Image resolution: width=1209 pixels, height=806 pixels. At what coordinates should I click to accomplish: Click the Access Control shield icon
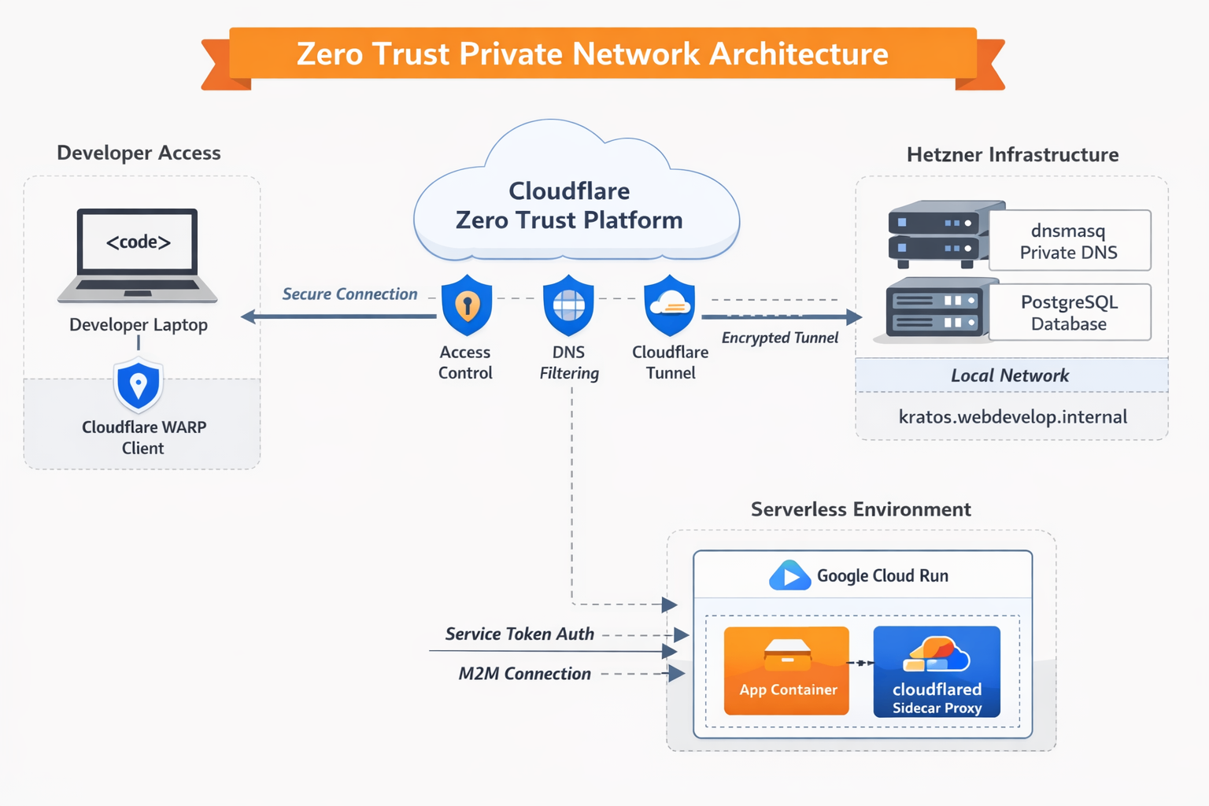pos(467,305)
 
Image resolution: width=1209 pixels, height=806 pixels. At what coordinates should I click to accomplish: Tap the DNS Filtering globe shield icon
pos(568,305)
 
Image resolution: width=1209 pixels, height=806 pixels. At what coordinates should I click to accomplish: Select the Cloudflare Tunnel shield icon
pos(670,305)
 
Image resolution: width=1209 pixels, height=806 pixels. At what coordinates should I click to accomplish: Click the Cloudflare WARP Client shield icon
pos(139,385)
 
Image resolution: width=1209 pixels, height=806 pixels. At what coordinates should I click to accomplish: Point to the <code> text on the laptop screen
pos(139,242)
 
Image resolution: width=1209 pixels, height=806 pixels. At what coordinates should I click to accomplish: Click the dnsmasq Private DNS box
pos(1069,241)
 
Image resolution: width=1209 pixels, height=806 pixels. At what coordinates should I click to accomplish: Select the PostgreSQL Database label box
pos(1069,312)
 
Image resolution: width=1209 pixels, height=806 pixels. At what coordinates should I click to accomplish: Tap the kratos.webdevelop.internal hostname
pos(1013,416)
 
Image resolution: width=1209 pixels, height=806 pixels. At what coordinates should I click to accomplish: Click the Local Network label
pos(1010,375)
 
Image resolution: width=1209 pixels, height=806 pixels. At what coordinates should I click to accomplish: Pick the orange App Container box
pos(786,671)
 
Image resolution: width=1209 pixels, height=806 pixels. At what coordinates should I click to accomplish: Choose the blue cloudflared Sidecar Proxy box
pos(937,671)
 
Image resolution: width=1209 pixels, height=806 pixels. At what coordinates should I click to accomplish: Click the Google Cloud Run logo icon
pos(789,575)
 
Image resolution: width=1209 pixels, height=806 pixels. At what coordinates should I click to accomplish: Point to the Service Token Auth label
pos(519,634)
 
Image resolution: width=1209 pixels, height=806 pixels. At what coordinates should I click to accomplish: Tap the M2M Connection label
pos(525,674)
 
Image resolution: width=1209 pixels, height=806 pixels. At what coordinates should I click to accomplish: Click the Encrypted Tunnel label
pos(779,338)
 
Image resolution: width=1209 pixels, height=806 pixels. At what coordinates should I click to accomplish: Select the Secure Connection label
pos(349,294)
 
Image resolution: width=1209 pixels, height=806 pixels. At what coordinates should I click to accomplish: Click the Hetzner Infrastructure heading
pos(1012,154)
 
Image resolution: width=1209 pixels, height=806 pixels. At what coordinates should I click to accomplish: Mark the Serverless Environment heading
pos(860,509)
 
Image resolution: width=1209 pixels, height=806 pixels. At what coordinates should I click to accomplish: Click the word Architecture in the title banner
pos(798,54)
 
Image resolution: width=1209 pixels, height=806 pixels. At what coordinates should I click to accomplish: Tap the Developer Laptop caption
pos(139,324)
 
